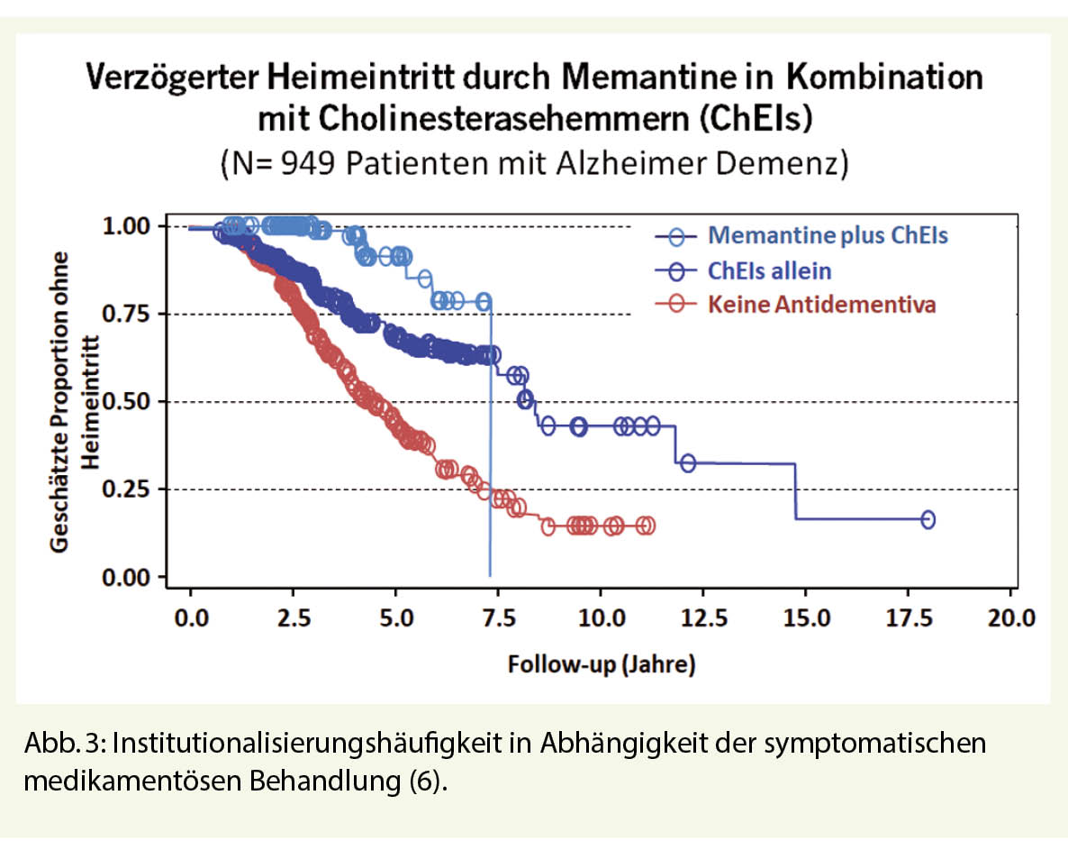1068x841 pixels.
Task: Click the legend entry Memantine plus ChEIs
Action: tap(828, 236)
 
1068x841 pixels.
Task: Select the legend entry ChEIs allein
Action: tap(769, 270)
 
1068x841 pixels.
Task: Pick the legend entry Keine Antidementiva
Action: tap(821, 305)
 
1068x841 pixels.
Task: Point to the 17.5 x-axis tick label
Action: tap(907, 620)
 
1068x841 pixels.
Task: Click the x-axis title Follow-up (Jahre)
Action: tap(601, 666)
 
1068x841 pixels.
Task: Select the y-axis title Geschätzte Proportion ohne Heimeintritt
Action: tap(74, 402)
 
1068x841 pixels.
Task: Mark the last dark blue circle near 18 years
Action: tap(928, 519)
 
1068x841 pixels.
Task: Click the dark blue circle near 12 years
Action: tap(687, 463)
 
